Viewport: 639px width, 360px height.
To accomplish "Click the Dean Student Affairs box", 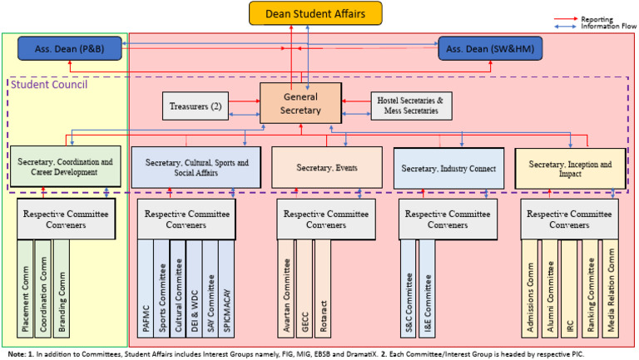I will (315, 13).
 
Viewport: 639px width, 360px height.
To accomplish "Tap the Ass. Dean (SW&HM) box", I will (490, 49).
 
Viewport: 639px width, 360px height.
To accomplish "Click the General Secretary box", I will (300, 102).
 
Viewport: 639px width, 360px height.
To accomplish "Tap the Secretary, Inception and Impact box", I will (568, 167).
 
